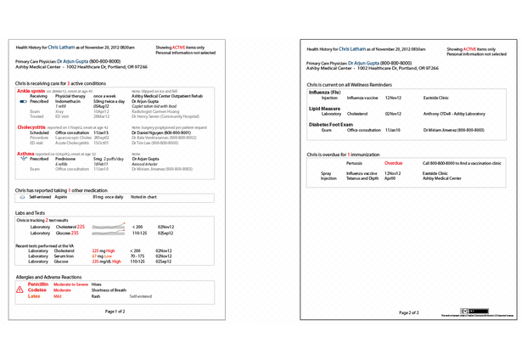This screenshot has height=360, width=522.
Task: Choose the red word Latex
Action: (x=34, y=296)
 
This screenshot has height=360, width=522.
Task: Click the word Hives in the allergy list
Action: (x=96, y=284)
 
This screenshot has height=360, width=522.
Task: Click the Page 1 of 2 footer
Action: (x=120, y=312)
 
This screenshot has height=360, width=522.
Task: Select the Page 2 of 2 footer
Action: (x=409, y=312)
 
